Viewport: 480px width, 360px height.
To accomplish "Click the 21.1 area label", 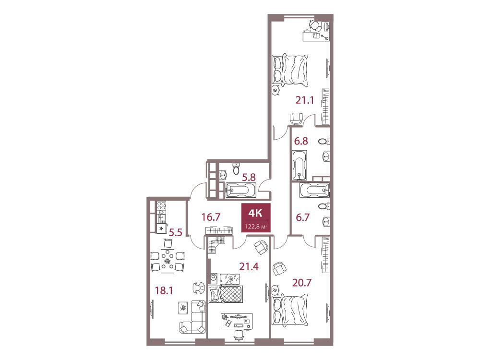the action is (305, 100).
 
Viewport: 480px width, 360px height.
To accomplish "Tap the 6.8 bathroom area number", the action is (301, 141).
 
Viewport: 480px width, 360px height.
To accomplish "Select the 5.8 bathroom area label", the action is (249, 177).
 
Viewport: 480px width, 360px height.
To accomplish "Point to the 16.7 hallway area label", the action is (211, 217).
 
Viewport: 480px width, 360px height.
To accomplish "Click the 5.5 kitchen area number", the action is (176, 233).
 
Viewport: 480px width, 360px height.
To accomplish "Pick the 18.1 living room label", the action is (164, 290).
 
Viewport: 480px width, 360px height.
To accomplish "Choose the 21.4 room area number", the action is (249, 266).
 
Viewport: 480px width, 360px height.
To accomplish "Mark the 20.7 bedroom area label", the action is (301, 283).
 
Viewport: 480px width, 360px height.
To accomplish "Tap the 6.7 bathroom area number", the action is (302, 217).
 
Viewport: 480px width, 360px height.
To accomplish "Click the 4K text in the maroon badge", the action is (255, 213).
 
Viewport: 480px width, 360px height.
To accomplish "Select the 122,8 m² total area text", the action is (256, 227).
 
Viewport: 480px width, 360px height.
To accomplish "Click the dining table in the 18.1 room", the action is (168, 261).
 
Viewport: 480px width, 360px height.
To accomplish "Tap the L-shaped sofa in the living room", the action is (192, 317).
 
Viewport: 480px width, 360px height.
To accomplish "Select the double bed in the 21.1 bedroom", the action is (290, 70).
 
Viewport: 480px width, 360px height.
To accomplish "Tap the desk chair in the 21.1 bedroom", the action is (313, 25).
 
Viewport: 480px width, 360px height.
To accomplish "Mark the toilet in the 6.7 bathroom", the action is (324, 206).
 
